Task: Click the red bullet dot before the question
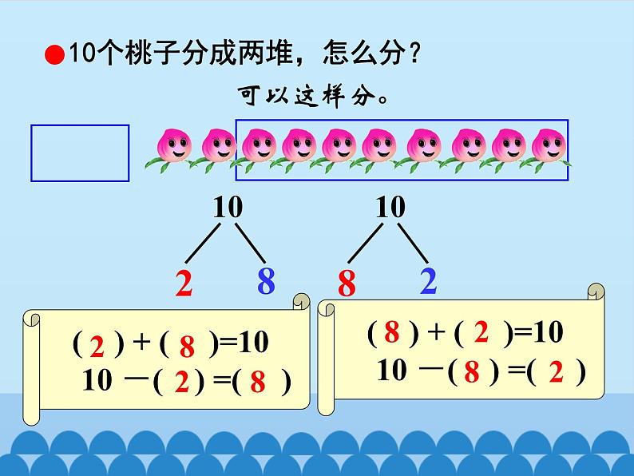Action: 54,55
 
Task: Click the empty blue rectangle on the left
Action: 80,153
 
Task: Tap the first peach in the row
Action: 174,147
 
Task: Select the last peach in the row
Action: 546,147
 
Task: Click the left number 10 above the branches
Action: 228,208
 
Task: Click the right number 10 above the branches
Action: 390,208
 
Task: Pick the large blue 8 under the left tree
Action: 266,281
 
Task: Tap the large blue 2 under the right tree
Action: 428,281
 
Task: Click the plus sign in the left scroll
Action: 141,343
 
